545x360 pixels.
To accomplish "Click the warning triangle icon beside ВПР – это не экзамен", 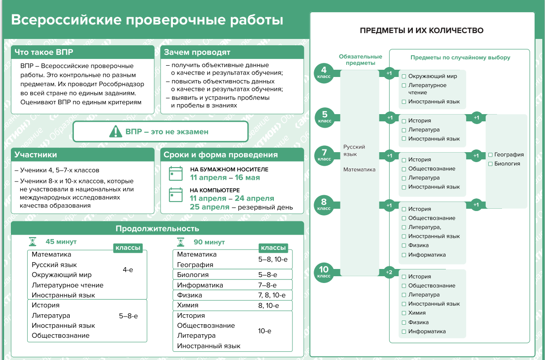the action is click(x=115, y=131).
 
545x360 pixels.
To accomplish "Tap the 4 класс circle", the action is click(x=324, y=73).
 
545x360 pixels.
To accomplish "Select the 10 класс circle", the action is click(x=324, y=273).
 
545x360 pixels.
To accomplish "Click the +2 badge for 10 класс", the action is click(x=389, y=272).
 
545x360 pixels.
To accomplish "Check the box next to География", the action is click(x=491, y=155).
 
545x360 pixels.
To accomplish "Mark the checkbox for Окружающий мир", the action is click(x=404, y=77).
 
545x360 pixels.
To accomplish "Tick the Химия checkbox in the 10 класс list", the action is click(x=404, y=313).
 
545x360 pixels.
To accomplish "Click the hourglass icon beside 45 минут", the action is click(x=33, y=242).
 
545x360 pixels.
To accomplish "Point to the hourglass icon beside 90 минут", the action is click(x=181, y=242).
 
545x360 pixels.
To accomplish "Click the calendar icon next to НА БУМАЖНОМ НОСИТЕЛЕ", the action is click(x=176, y=173).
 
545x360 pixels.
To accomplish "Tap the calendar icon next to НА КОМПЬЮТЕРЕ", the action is click(x=176, y=194).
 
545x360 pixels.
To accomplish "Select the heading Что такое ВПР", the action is click(x=44, y=52).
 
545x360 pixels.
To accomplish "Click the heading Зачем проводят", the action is click(x=197, y=52).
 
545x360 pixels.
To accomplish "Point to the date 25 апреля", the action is click(x=210, y=207).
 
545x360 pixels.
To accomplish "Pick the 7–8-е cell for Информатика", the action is click(x=268, y=285).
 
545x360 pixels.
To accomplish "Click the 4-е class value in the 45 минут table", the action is click(x=128, y=270).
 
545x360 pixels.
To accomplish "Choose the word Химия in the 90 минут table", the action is click(x=187, y=305).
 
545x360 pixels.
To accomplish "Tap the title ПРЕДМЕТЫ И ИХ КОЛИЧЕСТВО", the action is click(x=421, y=30).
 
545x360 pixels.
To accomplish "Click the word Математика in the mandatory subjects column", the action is click(x=359, y=170).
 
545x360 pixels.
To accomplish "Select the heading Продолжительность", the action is click(x=158, y=229).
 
